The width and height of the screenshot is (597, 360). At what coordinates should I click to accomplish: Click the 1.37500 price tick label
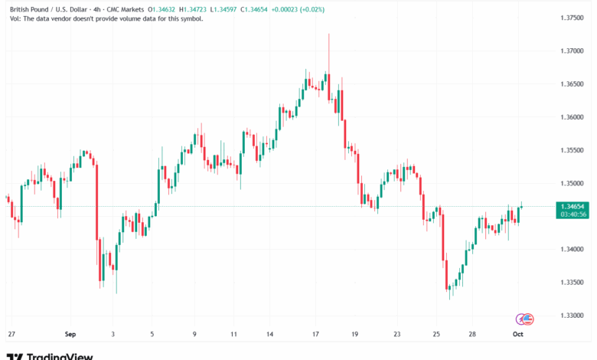click(x=573, y=17)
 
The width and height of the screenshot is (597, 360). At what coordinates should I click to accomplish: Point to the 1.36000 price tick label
click(x=573, y=117)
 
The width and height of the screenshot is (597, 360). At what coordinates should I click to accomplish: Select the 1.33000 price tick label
click(x=573, y=316)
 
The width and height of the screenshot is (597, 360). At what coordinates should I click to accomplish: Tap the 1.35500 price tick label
click(x=573, y=150)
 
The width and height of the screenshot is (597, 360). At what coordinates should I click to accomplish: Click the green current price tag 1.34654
click(x=573, y=207)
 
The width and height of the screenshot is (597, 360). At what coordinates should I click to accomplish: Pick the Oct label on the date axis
click(x=517, y=334)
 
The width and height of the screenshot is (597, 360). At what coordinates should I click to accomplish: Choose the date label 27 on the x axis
click(x=11, y=334)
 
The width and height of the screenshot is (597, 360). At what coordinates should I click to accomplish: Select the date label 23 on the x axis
click(x=397, y=334)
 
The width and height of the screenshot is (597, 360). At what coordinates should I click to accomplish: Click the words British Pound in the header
click(x=28, y=8)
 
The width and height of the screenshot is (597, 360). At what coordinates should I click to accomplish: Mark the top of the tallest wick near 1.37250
click(x=328, y=34)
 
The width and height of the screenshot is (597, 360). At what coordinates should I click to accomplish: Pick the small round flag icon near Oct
click(x=526, y=318)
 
